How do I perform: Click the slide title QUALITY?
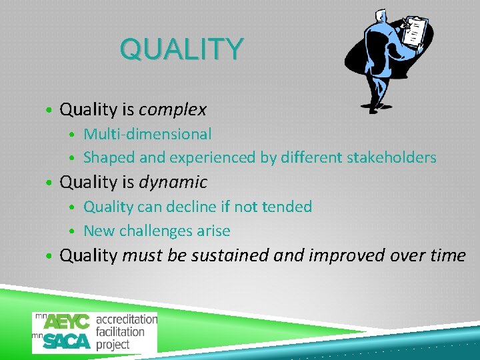[181, 49]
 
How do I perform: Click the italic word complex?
[173, 109]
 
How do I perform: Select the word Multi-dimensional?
[147, 134]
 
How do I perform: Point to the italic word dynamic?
[173, 182]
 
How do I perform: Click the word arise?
[213, 231]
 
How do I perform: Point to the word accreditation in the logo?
[127, 319]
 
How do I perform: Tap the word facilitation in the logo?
[120, 331]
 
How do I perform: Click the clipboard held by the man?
[415, 31]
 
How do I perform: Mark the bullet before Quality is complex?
[50, 110]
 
